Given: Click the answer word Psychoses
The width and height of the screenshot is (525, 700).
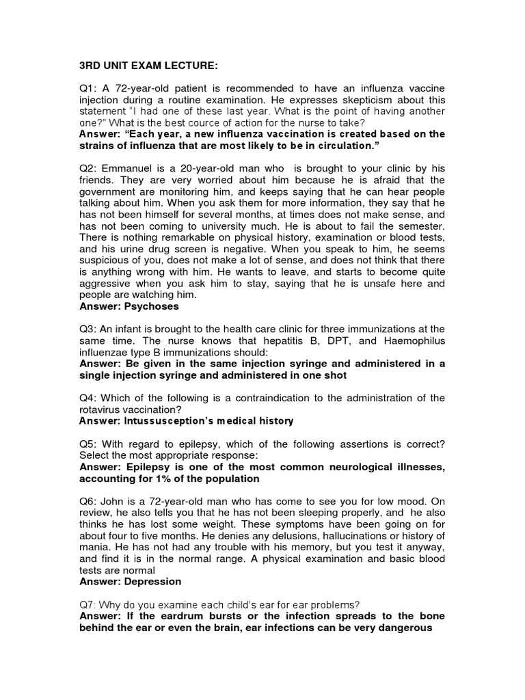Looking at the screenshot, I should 152,306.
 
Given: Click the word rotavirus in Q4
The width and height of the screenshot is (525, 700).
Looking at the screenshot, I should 104,409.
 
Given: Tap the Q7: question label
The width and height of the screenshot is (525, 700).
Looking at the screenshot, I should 89,604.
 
